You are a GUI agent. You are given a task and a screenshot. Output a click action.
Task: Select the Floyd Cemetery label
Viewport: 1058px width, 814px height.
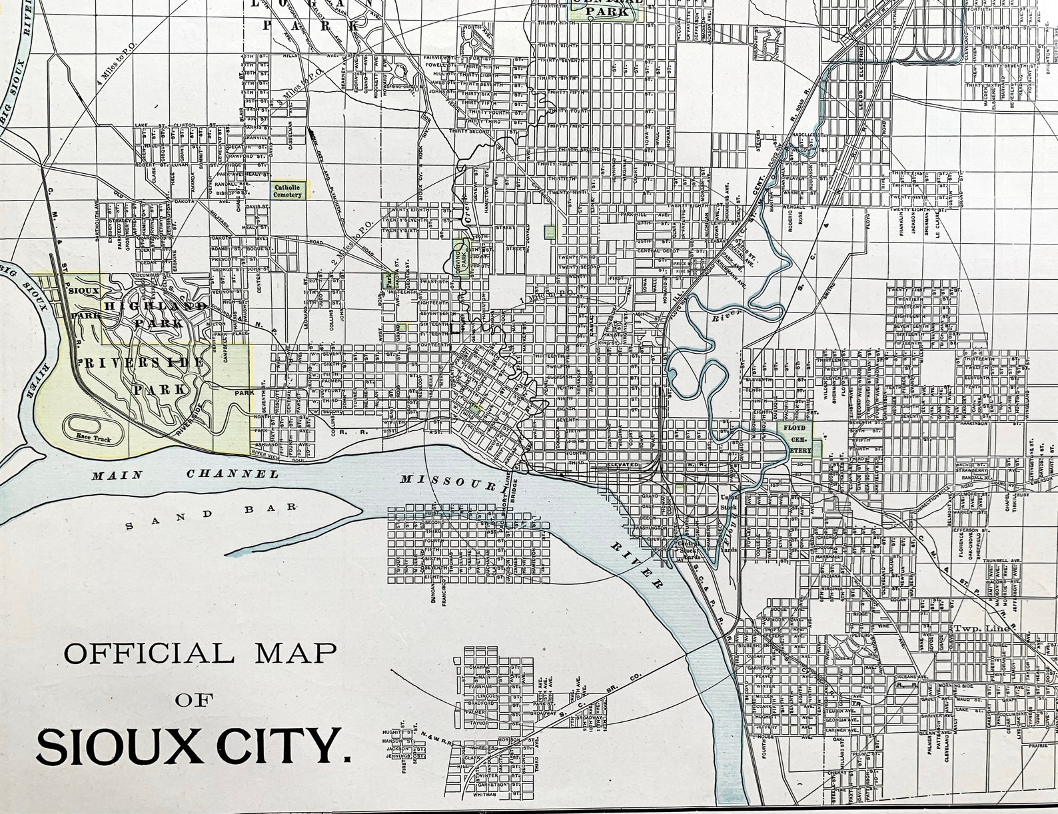point(799,436)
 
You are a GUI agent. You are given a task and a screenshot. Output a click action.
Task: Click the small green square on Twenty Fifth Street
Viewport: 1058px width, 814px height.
point(550,232)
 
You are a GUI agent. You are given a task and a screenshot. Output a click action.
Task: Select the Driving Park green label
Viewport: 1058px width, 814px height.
point(459,256)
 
